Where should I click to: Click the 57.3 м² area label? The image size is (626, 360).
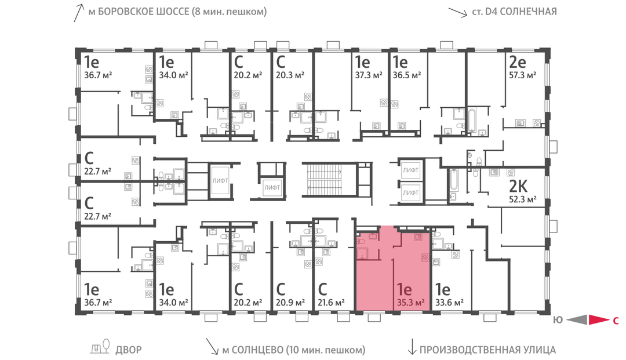coord(522,75)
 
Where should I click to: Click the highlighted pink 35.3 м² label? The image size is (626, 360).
coord(411,302)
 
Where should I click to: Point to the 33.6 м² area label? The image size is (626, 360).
coord(449,302)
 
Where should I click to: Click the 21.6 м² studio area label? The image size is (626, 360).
coord(332,302)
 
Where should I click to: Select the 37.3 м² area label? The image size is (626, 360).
coord(369,75)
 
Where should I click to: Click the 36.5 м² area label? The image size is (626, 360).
coord(406,75)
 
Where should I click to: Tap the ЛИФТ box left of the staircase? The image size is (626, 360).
coord(272,187)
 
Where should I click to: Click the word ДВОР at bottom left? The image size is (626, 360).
coord(128,350)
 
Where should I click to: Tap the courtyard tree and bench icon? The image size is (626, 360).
coord(101,347)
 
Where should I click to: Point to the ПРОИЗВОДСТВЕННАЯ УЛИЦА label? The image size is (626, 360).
coord(487,350)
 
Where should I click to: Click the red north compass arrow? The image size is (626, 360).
coord(597,319)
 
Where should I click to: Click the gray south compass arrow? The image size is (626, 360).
coord(576,319)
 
